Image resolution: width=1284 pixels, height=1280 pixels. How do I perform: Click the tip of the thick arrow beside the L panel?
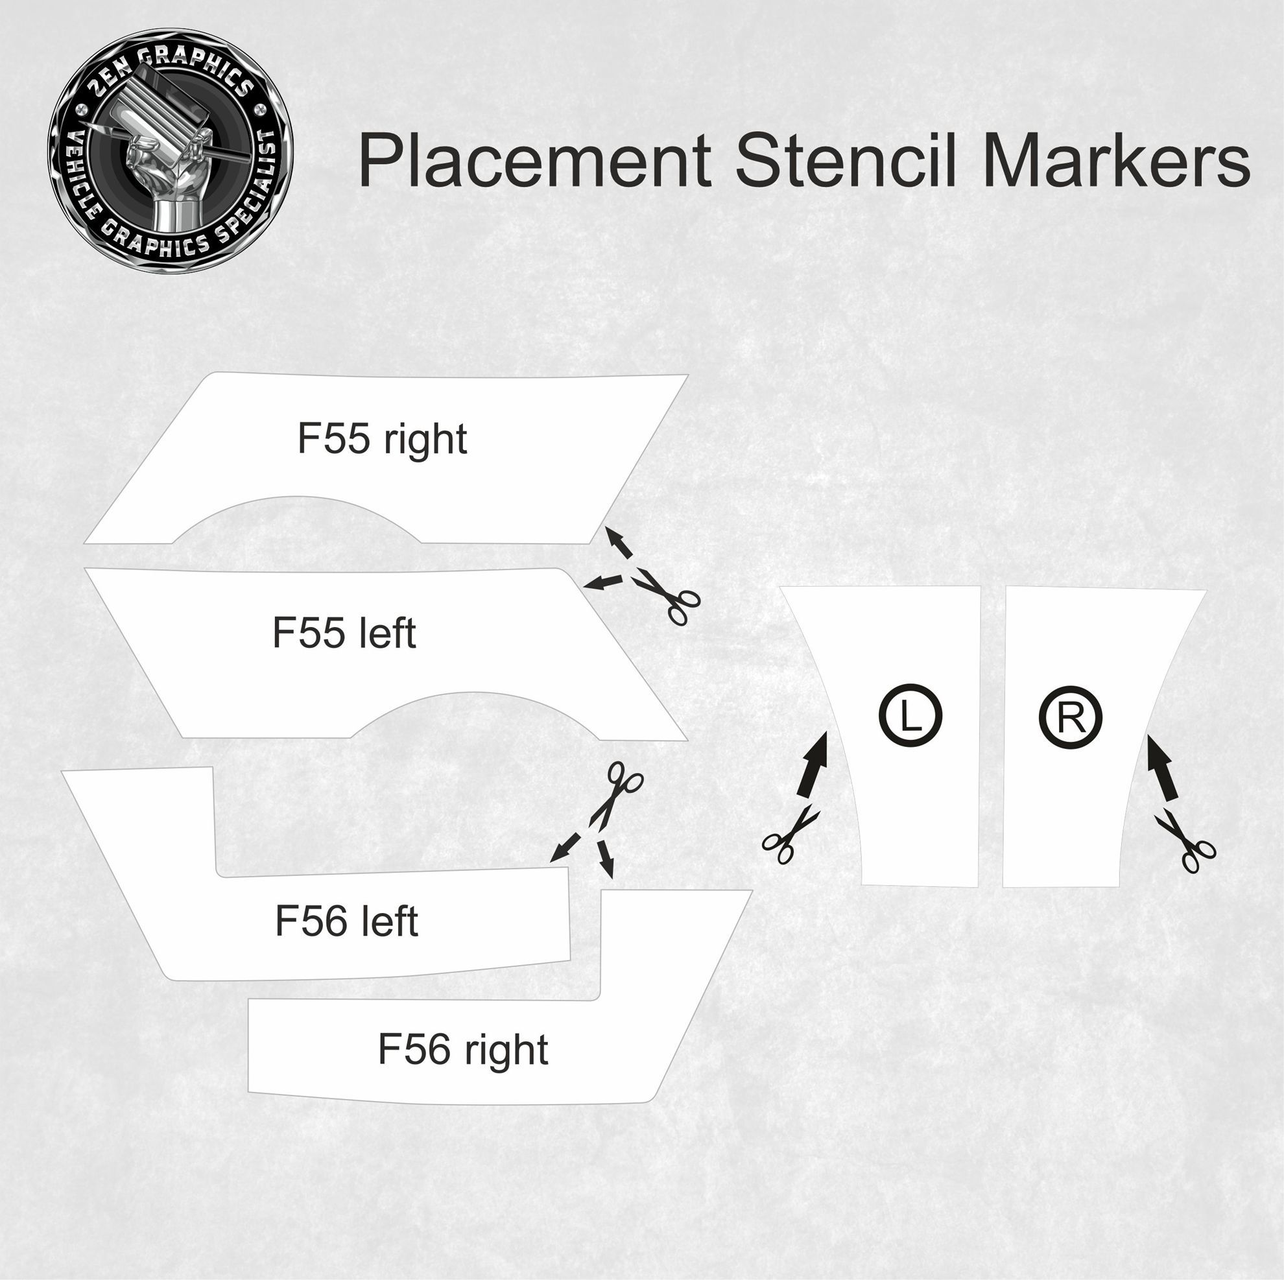click(826, 731)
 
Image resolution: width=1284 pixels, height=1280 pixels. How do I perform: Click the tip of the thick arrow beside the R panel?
click(1149, 735)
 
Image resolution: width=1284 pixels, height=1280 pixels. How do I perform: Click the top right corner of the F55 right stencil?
click(688, 375)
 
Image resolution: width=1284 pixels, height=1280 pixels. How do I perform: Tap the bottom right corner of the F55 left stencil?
click(687, 740)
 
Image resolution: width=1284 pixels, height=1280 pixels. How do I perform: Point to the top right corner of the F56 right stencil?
click(752, 890)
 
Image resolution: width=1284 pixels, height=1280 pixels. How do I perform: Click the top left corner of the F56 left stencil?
click(62, 772)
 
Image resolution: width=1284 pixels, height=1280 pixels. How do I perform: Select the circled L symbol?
click(910, 717)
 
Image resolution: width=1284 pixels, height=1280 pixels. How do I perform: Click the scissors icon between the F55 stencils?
click(667, 595)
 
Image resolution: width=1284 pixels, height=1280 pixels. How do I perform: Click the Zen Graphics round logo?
click(170, 150)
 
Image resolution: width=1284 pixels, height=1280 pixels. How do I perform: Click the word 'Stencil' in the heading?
click(846, 160)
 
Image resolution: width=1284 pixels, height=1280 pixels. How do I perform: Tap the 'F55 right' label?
click(382, 439)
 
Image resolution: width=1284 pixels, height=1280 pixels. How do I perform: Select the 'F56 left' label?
click(346, 921)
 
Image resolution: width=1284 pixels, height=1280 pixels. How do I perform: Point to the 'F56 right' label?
click(463, 1050)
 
